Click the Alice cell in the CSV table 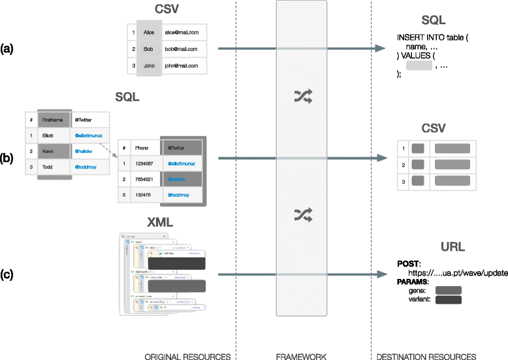point(150,31)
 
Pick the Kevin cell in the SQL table point(50,152)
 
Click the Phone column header point(138,148)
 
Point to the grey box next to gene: point(448,289)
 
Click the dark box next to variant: point(448,300)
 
